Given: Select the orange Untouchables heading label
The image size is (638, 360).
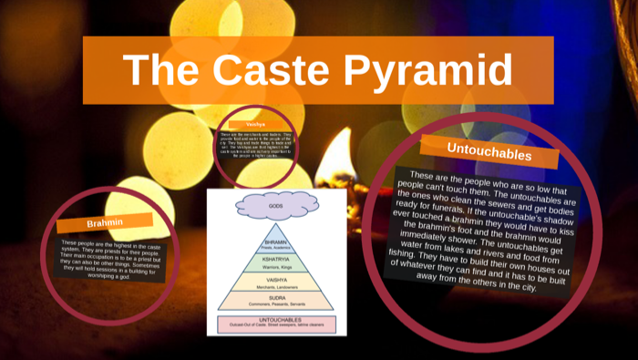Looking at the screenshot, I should [489, 151].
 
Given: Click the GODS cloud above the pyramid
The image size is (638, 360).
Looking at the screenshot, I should [275, 207].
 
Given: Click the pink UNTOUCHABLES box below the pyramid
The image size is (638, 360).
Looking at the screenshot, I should [275, 324].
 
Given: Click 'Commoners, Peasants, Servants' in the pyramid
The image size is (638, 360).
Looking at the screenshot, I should [275, 305].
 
